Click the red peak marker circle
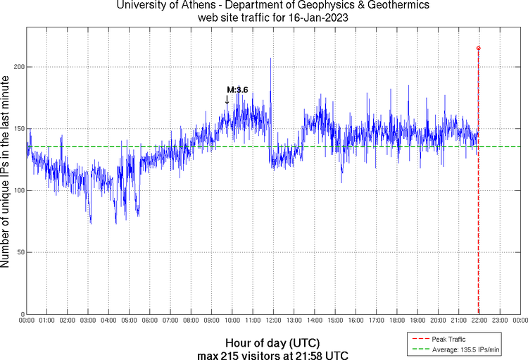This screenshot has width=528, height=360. click(x=479, y=48)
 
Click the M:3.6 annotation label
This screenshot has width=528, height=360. click(x=237, y=89)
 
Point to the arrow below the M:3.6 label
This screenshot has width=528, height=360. click(x=227, y=100)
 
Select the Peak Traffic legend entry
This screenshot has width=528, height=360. click(x=448, y=339)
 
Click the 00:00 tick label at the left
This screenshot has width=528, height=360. click(x=26, y=321)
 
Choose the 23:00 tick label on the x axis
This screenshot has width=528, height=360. click(x=499, y=321)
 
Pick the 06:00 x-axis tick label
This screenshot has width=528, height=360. click(x=150, y=321)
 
